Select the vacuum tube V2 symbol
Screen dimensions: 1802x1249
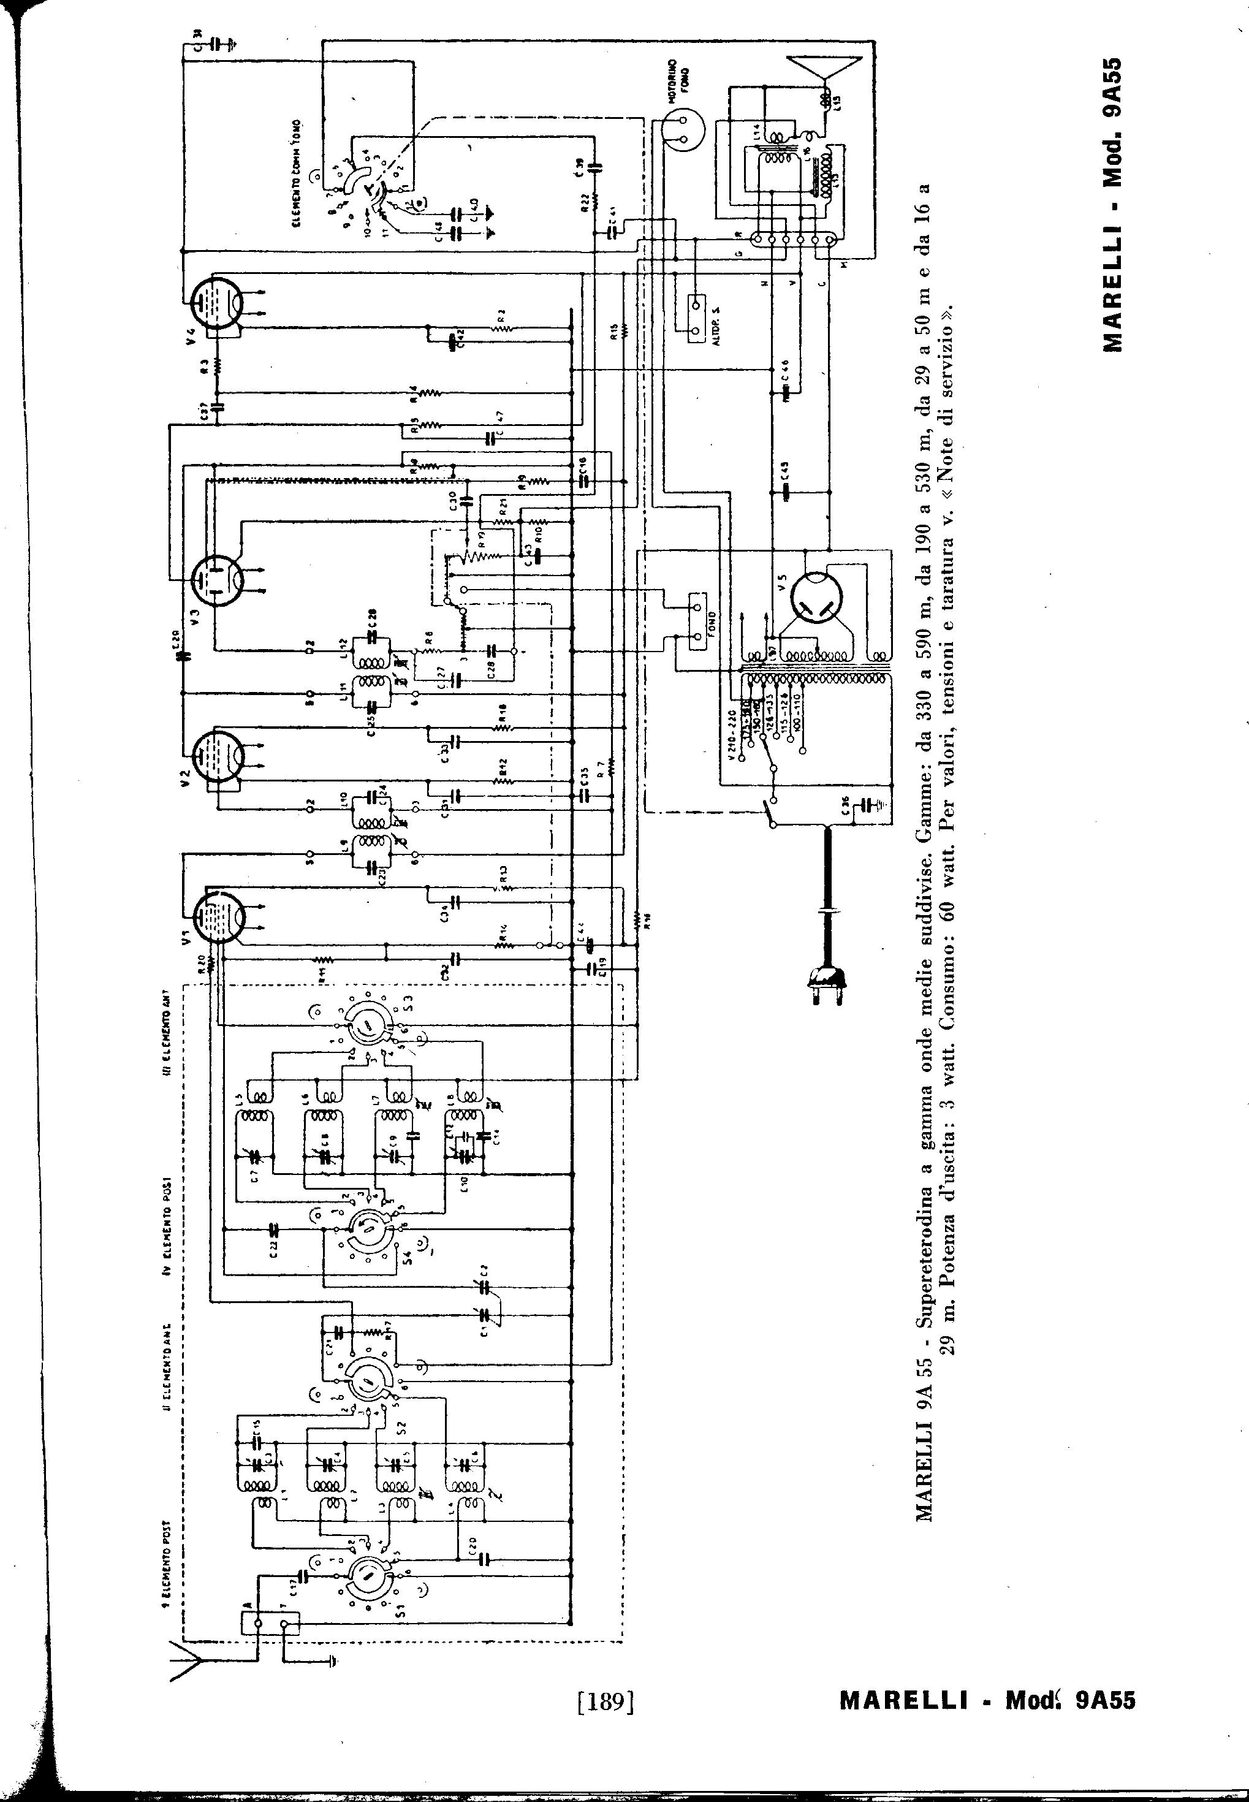(218, 755)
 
